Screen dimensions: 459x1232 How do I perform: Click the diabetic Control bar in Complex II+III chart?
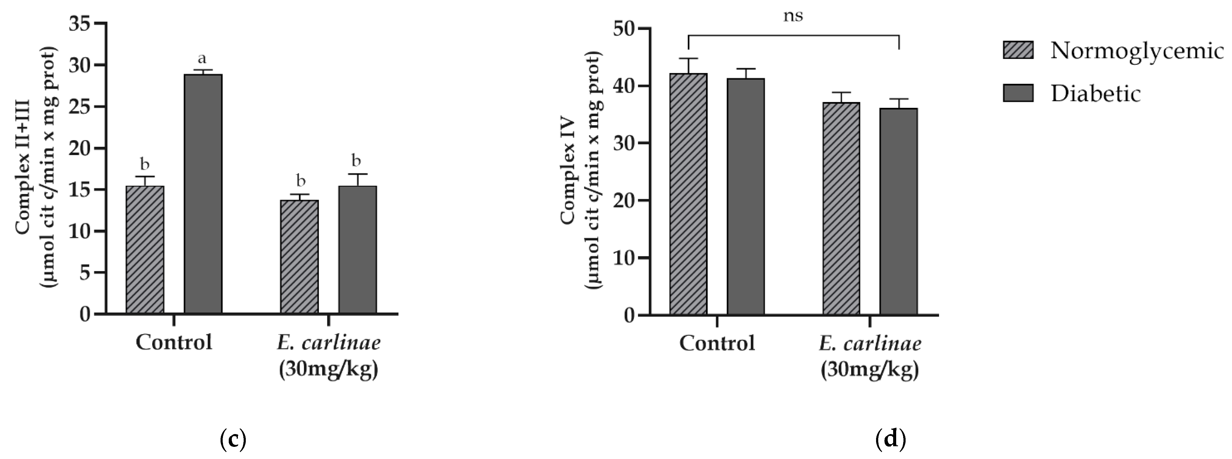(203, 194)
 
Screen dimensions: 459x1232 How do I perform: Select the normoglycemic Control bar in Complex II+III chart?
(145, 250)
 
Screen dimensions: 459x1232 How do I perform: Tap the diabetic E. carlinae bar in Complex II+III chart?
(357, 250)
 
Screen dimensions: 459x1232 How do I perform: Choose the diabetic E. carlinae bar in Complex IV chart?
(899, 211)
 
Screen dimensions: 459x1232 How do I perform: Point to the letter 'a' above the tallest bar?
(202, 59)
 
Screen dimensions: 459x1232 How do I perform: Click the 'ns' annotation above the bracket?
(793, 16)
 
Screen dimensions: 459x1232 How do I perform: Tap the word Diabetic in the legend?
(1095, 93)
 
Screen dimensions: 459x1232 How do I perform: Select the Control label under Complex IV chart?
(717, 343)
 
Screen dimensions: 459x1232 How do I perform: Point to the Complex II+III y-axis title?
(36, 167)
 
